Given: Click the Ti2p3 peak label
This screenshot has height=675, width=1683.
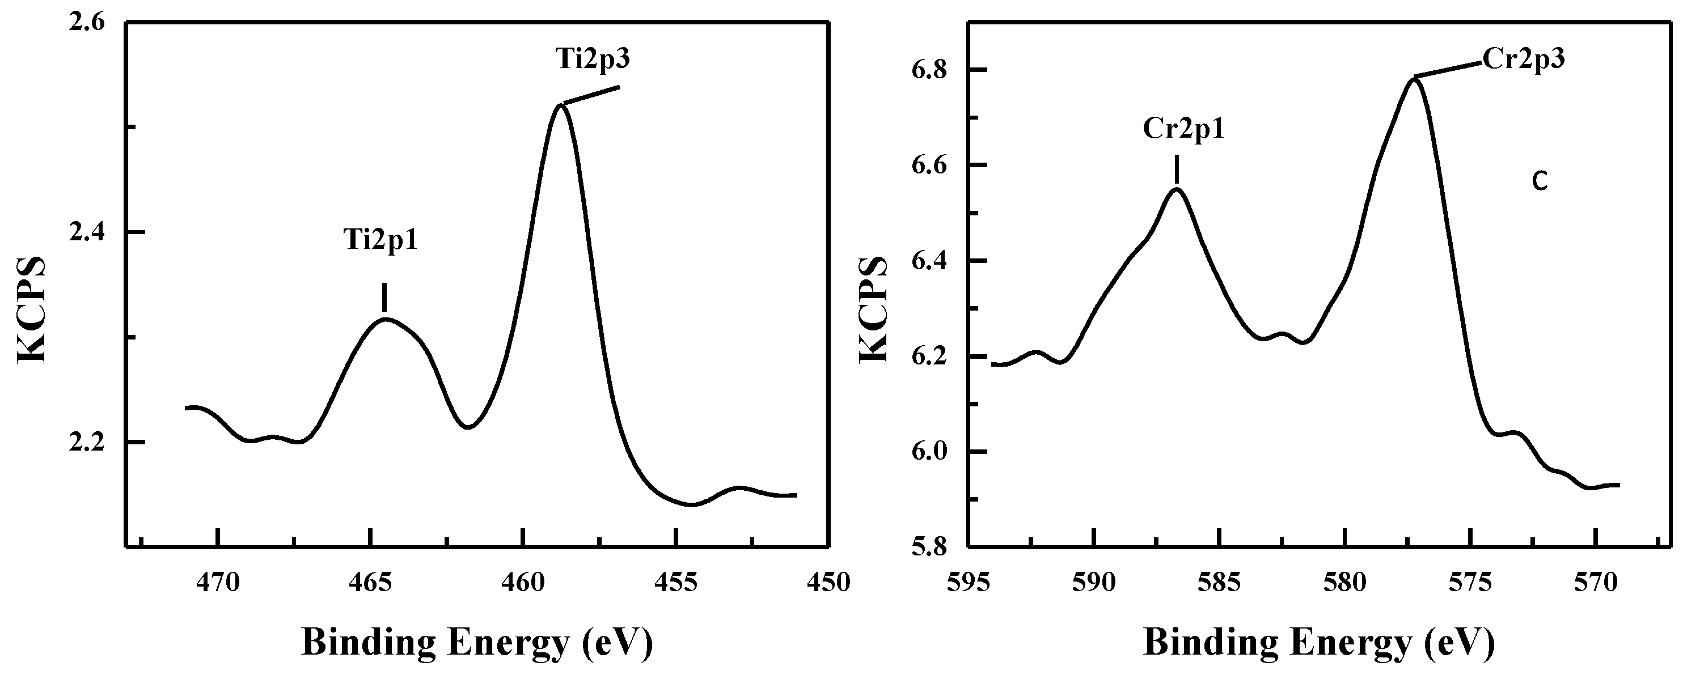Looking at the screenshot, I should coord(593,60).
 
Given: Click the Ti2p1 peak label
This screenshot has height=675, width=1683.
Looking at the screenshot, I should coord(380,240).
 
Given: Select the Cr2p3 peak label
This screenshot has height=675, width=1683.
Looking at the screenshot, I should coord(1523,59).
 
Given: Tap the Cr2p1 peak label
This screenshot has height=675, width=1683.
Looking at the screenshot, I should coord(1183,129).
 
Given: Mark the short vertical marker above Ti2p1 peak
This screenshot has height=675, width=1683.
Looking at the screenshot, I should coord(384,297).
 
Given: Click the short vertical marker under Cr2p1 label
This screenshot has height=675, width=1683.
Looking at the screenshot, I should coord(1176,169).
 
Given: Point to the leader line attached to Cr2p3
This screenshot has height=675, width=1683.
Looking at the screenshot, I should coord(1447,70).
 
